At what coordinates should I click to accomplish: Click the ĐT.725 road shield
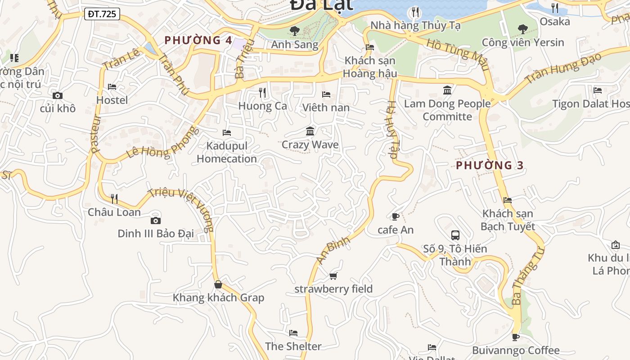[102, 14]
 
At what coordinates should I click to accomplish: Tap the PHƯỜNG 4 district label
[198, 40]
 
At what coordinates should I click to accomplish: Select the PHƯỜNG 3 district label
[490, 165]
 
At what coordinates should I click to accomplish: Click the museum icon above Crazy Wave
[310, 131]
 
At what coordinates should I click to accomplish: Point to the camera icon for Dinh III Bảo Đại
[155, 220]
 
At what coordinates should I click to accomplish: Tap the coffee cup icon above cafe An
[395, 216]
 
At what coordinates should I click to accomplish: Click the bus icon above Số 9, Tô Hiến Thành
[455, 235]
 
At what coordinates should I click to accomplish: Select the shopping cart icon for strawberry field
[333, 275]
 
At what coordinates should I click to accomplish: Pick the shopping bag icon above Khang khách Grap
[218, 284]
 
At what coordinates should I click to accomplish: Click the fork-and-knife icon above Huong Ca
[262, 93]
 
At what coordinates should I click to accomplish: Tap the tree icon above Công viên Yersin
[522, 29]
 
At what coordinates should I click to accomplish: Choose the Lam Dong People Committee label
[447, 110]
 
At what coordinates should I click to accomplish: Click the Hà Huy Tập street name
[391, 130]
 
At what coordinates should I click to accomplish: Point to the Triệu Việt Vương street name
[180, 209]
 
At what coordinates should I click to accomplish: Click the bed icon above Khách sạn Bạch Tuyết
[508, 200]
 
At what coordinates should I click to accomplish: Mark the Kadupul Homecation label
[227, 152]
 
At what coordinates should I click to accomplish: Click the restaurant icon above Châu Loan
[114, 198]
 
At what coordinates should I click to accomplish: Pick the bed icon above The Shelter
[293, 333]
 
